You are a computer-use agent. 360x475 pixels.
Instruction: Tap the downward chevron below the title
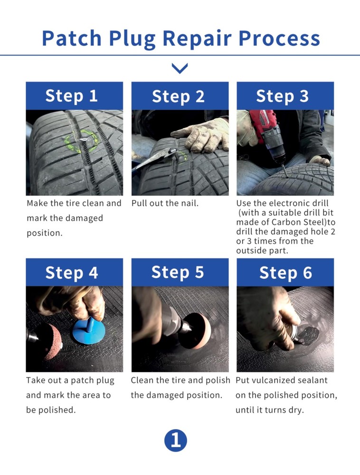pyautogui.click(x=180, y=69)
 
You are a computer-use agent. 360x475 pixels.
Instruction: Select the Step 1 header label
pyautogui.click(x=71, y=96)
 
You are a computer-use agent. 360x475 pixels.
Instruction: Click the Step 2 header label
pyautogui.click(x=178, y=96)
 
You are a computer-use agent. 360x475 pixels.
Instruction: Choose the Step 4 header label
pyautogui.click(x=71, y=273)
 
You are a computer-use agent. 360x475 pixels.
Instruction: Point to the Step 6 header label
pyautogui.click(x=285, y=273)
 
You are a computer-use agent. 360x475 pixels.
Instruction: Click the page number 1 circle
pyautogui.click(x=176, y=441)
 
